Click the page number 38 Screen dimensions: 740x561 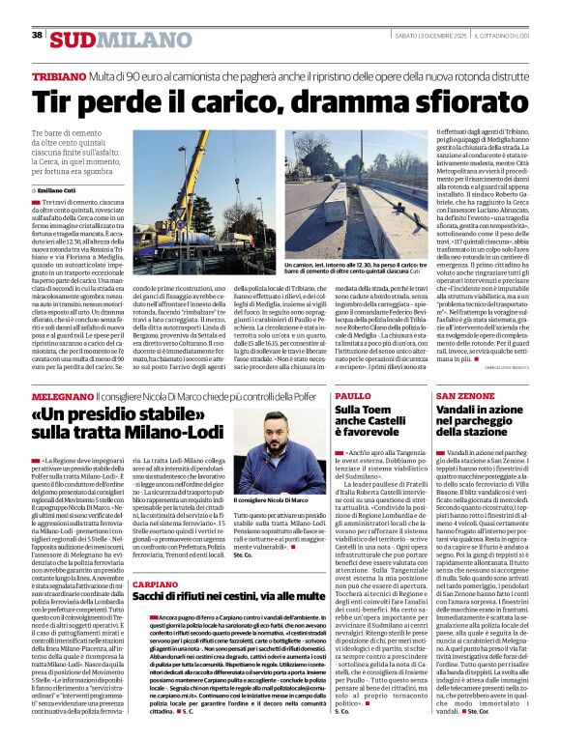tap(37, 36)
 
